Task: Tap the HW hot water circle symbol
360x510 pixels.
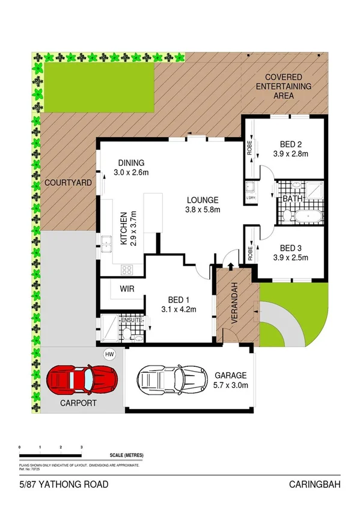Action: tap(109, 354)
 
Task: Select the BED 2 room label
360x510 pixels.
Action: tap(294, 144)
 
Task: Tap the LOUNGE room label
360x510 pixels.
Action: tap(202, 200)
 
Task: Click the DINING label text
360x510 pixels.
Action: tap(131, 162)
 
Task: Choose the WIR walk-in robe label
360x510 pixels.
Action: tap(127, 289)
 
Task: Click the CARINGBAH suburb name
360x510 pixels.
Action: tap(316, 485)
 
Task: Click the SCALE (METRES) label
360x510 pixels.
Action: tap(127, 456)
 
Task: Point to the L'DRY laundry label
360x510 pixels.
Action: tap(251, 198)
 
